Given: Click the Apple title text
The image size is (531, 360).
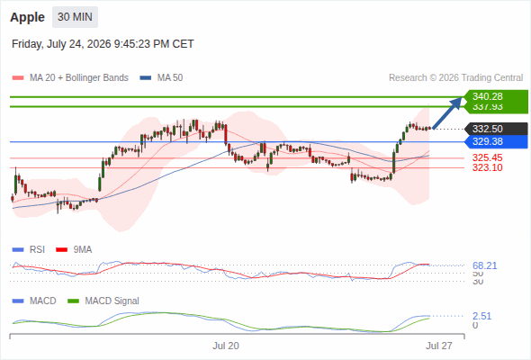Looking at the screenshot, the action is coord(27,17).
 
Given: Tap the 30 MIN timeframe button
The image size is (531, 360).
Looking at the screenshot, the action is coord(75,17).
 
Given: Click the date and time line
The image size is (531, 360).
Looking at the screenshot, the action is coord(103,44).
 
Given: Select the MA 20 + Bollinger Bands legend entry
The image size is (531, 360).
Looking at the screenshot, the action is coord(70,78).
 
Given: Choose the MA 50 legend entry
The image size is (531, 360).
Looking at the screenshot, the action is coord(161,78).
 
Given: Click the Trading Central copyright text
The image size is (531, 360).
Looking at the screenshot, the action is coord(455,78).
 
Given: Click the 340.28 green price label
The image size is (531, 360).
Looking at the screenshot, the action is coord(496,96).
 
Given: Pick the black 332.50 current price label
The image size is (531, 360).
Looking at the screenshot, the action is coord(496,129).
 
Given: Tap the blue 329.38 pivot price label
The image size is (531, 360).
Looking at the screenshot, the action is coord(496,141).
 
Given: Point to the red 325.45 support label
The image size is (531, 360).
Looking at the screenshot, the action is coord(487,157).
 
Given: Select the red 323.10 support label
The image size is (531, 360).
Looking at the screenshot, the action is coord(487,167).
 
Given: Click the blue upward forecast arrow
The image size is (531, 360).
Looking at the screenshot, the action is coord(447,113).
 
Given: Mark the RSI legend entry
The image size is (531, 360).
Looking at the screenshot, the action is coord(29,250).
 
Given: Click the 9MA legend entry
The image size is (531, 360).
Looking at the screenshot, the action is coord(74,250).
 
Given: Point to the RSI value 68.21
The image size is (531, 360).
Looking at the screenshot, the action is coord(484,265).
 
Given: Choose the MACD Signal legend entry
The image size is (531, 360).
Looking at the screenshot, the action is coord(103,301).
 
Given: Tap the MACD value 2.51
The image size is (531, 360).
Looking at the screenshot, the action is coord(481,316).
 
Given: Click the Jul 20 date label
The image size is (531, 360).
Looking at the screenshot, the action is coord(226,346).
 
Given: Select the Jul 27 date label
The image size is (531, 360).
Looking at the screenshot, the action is coord(439,346).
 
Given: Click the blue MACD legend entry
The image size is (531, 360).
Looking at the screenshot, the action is coord(34,301).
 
